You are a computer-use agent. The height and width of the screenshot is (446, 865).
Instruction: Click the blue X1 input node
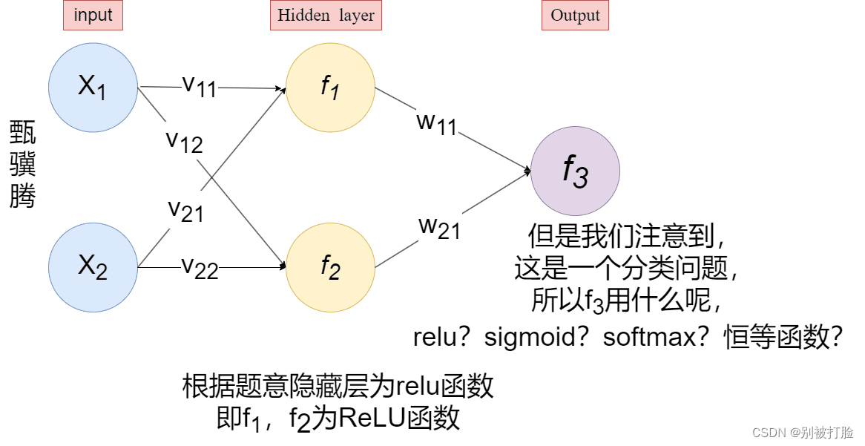click(93, 88)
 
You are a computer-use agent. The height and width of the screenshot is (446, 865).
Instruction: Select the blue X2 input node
click(93, 267)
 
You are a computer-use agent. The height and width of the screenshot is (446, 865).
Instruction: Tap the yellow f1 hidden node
click(330, 88)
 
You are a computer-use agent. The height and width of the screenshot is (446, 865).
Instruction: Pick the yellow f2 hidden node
click(330, 267)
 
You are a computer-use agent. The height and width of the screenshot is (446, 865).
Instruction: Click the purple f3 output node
click(575, 171)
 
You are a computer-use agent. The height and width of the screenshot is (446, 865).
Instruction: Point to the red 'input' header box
click(93, 16)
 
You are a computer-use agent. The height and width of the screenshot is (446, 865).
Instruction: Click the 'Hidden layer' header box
click(326, 16)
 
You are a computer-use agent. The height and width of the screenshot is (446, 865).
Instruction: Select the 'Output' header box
click(575, 16)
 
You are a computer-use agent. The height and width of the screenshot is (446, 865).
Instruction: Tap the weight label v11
click(199, 85)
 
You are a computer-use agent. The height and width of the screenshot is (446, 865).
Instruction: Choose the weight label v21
click(185, 211)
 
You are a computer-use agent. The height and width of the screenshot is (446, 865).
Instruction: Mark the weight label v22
click(200, 267)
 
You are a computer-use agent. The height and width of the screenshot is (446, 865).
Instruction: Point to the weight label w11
click(436, 124)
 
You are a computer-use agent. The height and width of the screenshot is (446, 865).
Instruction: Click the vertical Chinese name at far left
click(22, 165)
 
